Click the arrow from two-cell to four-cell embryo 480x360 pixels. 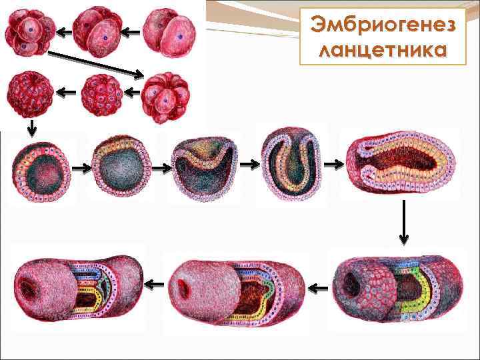pos(131,31)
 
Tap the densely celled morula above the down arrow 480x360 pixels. pos(27,94)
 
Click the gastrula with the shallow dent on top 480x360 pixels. pos(203,166)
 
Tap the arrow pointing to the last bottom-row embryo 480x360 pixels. pos(154,285)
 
